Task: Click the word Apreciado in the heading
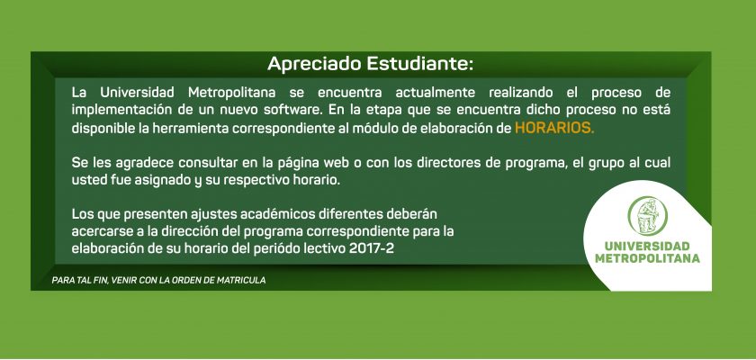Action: pyautogui.click(x=314, y=64)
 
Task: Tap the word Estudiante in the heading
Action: pyautogui.click(x=419, y=64)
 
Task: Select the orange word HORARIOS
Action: pyautogui.click(x=554, y=128)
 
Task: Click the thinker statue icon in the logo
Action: pyautogui.click(x=647, y=216)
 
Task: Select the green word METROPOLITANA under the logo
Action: pyautogui.click(x=647, y=258)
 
